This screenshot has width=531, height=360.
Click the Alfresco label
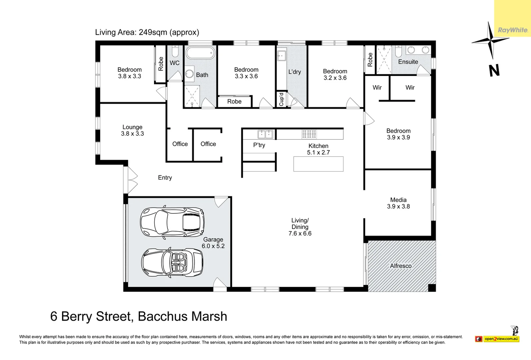pyautogui.click(x=401, y=266)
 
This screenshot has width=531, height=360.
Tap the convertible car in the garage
pyautogui.click(x=172, y=262)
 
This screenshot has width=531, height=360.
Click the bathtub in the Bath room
pyautogui.click(x=200, y=53)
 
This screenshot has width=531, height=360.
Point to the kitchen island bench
pyautogui.click(x=318, y=164)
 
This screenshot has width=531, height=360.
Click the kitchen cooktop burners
pyautogui.click(x=309, y=134)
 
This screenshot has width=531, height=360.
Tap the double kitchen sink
pyautogui.click(x=265, y=134)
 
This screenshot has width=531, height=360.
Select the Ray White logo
pyautogui.click(x=513, y=30)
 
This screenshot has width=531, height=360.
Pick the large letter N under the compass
pyautogui.click(x=494, y=71)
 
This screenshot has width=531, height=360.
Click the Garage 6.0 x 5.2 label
pyautogui.click(x=213, y=243)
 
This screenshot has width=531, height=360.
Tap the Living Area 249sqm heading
pyautogui.click(x=147, y=32)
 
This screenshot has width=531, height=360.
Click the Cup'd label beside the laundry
pyautogui.click(x=281, y=99)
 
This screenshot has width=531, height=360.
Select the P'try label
pyautogui.click(x=259, y=145)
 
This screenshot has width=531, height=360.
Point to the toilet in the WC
pyautogui.click(x=175, y=52)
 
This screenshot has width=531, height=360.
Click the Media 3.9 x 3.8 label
pyautogui.click(x=398, y=203)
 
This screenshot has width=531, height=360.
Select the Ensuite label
pyautogui.click(x=408, y=62)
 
